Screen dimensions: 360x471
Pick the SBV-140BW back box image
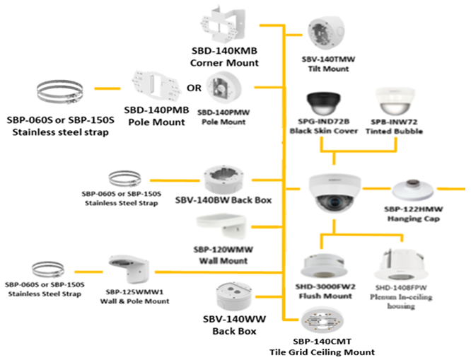coord(223,180)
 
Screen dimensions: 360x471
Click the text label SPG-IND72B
coord(325,122)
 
